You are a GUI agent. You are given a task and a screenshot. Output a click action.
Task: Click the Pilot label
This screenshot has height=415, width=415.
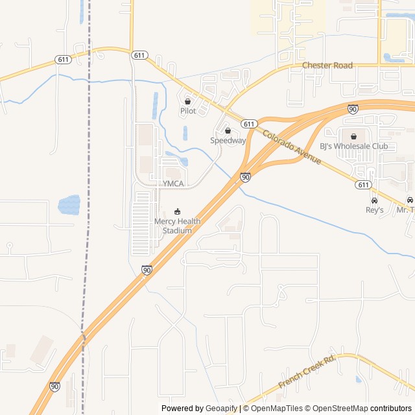point(187,111)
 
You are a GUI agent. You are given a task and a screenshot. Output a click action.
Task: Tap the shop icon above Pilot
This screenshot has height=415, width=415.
point(188,101)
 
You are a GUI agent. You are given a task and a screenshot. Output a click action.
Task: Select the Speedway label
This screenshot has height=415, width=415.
point(228,140)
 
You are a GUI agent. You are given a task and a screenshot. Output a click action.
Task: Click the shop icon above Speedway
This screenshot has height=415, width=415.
point(228,130)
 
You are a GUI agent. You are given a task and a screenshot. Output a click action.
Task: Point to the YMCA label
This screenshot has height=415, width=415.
point(173,184)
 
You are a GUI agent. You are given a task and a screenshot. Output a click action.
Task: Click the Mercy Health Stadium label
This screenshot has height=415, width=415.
point(177,226)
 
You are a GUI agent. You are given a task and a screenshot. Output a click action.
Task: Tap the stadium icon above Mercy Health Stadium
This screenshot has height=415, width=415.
point(178,211)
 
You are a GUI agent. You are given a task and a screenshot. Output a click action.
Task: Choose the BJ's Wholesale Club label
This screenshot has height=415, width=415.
point(353,146)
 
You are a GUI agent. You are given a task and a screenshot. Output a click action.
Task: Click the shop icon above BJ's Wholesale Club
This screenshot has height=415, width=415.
point(353,136)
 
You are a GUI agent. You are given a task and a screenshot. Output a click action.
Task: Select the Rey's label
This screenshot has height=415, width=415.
point(374,210)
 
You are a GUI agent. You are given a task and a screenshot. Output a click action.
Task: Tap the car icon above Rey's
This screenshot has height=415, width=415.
point(374,200)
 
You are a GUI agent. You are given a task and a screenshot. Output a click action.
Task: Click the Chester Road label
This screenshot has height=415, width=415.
point(327,65)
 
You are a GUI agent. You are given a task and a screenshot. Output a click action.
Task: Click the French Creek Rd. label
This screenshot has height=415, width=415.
point(307,372)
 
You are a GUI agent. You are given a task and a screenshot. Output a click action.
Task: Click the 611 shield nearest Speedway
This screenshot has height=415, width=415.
point(249,123)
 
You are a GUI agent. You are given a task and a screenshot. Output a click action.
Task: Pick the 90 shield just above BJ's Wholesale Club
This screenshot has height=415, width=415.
point(352,109)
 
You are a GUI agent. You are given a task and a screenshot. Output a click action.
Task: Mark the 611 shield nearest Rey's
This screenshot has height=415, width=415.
point(363,185)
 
